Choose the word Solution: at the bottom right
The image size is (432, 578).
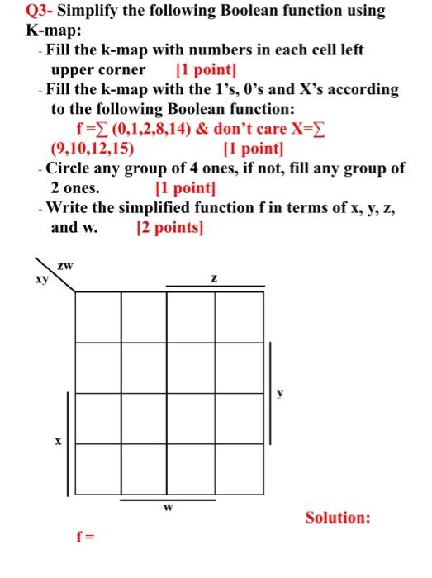click(x=338, y=518)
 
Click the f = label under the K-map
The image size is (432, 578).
click(x=85, y=537)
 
